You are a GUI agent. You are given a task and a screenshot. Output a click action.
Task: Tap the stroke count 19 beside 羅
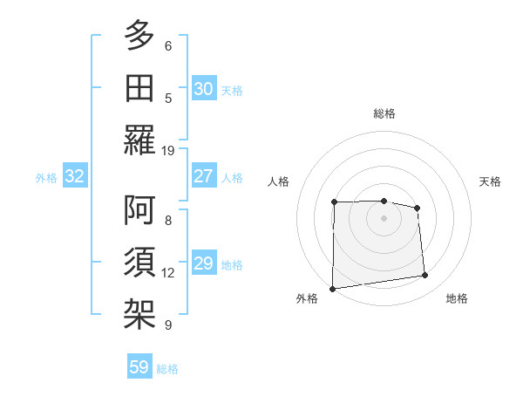pos(168,150)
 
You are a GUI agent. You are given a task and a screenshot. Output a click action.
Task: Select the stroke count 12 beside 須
pos(168,273)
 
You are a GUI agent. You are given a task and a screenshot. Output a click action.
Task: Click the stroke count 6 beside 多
pos(168,46)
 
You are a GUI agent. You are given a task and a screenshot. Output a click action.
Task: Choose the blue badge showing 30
pos(203,89)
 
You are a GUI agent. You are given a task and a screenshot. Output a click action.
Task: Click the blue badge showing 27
pos(203,176)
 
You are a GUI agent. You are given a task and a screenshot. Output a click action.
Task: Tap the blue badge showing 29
pos(203,263)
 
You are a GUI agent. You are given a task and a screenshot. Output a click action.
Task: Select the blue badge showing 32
pos(75,177)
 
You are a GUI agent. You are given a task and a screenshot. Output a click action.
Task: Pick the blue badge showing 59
pos(139,367)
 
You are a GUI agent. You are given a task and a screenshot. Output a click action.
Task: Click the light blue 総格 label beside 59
pos(168,369)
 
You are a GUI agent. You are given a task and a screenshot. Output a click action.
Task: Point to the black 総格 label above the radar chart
pos(384,113)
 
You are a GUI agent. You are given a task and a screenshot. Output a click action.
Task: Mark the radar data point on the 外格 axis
pos(332,289)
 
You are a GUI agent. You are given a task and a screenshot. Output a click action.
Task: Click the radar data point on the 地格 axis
pos(425,276)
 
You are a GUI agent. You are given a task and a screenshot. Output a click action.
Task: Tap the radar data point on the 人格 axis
pos(335,202)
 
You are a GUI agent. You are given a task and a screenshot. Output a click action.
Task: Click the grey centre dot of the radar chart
pos(384,218)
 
